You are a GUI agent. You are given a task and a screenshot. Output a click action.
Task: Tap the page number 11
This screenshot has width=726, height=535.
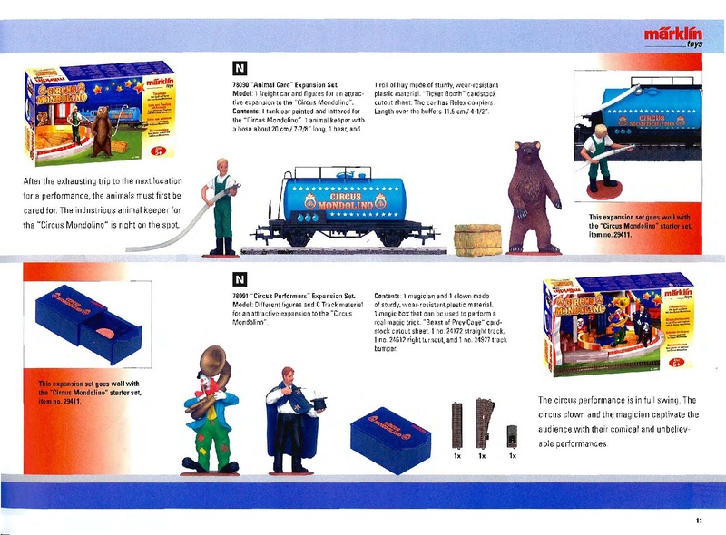click(x=699, y=520)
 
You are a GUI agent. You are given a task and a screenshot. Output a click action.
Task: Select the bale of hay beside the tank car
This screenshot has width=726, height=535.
click(x=477, y=238)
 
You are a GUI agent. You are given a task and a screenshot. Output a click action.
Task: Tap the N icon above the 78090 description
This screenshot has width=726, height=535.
click(x=240, y=68)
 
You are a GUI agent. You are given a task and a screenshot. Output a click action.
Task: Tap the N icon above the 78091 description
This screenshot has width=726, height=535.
click(x=240, y=278)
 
